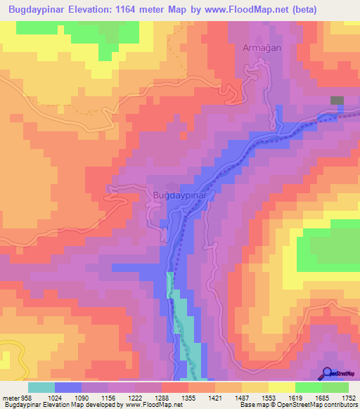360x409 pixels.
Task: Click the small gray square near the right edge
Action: click(x=337, y=101)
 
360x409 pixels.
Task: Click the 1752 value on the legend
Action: click(x=348, y=397)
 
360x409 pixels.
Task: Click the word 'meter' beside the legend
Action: click(x=9, y=397)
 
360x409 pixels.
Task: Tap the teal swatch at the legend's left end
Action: click(x=41, y=387)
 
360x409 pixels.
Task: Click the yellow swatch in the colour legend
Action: click(x=281, y=387)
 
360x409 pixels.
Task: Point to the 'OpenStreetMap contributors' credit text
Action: click(x=323, y=405)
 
